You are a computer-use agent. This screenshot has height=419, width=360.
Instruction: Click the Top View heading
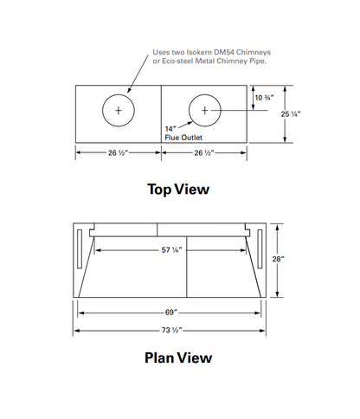pos(178,190)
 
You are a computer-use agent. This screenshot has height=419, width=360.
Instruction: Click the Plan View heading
pos(178,358)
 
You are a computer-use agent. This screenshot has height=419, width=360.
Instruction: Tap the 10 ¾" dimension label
pos(264,98)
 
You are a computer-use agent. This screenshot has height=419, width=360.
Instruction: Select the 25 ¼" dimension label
pos(291,114)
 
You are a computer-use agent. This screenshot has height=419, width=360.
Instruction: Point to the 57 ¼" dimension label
pos(171,250)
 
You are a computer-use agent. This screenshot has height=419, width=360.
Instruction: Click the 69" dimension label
pos(171,313)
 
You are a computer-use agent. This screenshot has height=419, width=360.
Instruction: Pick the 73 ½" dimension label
pos(171,330)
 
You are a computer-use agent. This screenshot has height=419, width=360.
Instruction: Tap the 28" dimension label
pos(278,259)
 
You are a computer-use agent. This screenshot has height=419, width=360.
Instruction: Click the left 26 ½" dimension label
pos(118,153)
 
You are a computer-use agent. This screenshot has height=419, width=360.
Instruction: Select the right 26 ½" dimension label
pos(204,153)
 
